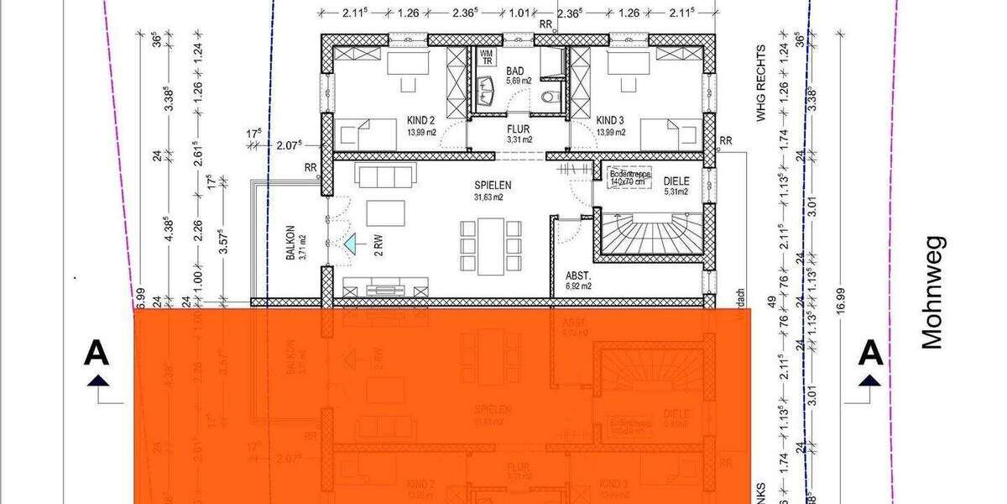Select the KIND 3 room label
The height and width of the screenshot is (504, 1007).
(x=610, y=120)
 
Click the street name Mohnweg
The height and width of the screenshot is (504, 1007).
(x=933, y=291)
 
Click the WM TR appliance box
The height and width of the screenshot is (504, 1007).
(x=487, y=57)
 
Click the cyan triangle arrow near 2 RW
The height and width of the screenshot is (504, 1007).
(x=351, y=244)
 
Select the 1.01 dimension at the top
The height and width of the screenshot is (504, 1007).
(x=520, y=13)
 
